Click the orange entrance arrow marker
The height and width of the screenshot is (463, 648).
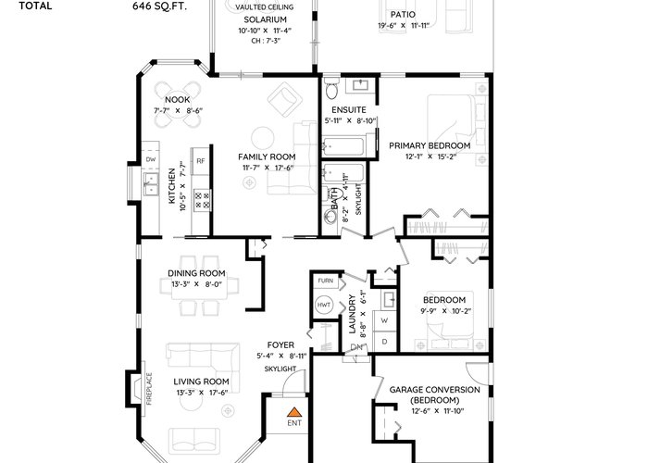coord(293,412)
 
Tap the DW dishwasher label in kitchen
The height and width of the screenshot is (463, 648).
coord(151,159)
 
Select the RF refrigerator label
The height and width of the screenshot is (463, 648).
coord(201,161)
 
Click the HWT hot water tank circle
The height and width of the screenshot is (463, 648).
coord(324,305)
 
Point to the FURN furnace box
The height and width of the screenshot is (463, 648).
coord(325,281)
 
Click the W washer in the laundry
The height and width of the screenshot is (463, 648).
coord(385,320)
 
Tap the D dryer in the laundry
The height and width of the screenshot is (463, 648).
coord(385,342)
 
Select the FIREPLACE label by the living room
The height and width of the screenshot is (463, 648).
coord(149,389)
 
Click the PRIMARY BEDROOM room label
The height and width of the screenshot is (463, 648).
coord(430,145)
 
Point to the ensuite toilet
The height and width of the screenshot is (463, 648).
coord(331,88)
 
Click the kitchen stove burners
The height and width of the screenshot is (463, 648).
coord(203,200)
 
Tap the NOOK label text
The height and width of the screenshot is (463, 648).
coord(178,100)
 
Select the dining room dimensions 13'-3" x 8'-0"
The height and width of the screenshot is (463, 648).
coord(196,284)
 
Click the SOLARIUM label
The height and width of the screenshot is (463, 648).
coord(265,19)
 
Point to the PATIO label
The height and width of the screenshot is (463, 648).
coord(403,15)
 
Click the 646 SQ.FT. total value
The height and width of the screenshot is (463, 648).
coord(159,6)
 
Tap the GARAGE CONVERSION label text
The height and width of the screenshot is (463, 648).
coord(435,390)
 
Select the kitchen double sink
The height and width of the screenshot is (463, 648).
coord(151,184)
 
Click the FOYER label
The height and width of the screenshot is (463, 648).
coord(280,344)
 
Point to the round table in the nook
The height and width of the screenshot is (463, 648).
coord(178,106)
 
